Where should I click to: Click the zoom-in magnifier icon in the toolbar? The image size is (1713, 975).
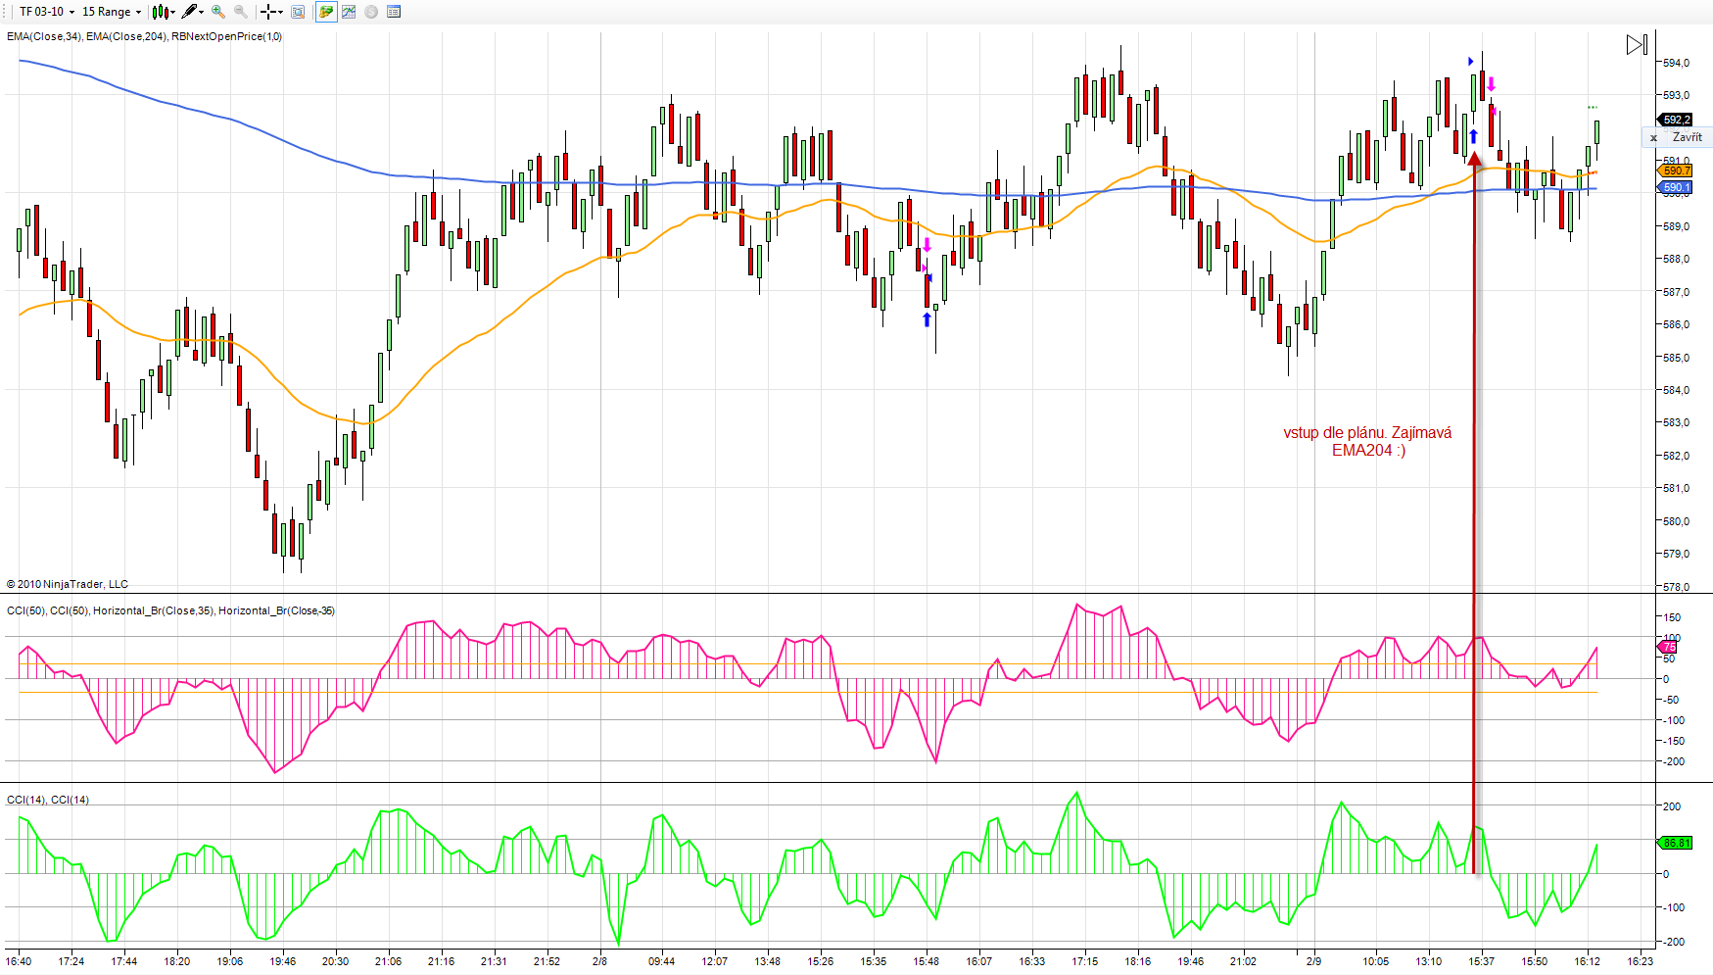point(218,12)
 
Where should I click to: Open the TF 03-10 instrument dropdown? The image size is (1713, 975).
point(46,12)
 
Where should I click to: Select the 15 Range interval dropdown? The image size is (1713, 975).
point(111,12)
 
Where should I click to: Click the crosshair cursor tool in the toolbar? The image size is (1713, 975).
point(267,12)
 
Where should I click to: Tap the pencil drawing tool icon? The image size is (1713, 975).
point(190,12)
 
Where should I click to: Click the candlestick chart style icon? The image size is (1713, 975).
point(162,12)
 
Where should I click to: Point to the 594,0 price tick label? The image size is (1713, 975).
point(1676,63)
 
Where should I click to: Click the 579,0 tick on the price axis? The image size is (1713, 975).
point(1676,554)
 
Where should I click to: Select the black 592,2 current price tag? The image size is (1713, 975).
point(1676,120)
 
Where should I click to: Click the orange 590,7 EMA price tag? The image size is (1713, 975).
point(1676,171)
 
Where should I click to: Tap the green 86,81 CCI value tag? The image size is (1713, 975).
point(1676,843)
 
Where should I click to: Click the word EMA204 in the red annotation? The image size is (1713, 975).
point(1361,451)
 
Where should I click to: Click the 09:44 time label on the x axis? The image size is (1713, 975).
point(661,961)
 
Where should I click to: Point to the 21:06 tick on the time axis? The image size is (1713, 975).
point(388,961)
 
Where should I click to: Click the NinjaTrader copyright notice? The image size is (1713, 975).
point(68,584)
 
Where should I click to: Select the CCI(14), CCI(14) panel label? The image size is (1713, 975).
point(48,800)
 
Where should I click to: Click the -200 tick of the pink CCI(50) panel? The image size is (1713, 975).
point(1673,761)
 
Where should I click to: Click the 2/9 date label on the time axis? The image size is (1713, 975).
point(1313,961)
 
